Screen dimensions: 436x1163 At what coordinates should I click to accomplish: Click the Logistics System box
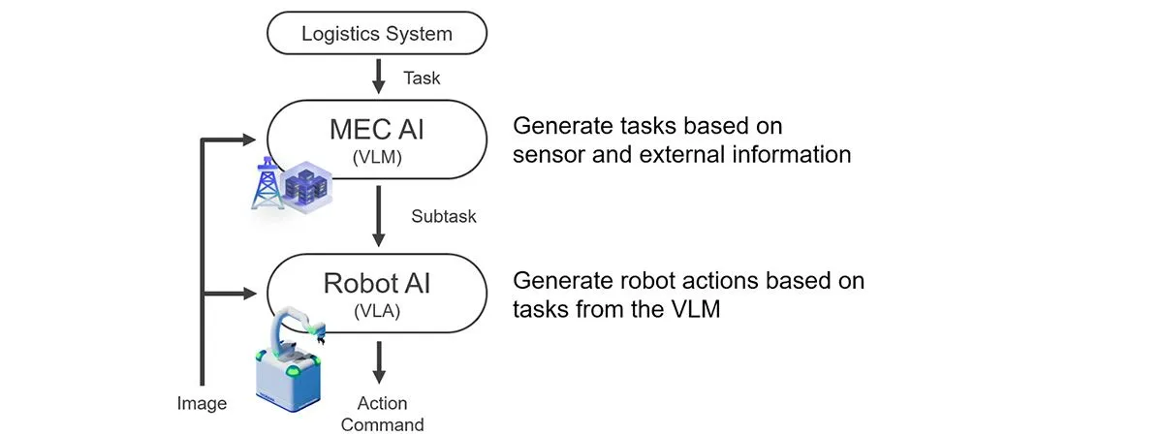(x=377, y=34)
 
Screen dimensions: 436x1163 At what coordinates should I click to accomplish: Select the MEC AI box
(x=377, y=140)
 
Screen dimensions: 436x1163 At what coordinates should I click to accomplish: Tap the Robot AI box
(x=377, y=292)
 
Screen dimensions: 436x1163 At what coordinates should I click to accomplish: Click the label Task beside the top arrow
(x=422, y=78)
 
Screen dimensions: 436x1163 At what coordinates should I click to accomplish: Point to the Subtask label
(x=444, y=216)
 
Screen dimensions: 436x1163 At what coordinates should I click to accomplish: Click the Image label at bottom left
(x=202, y=403)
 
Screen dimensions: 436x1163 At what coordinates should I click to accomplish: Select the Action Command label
(x=382, y=414)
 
